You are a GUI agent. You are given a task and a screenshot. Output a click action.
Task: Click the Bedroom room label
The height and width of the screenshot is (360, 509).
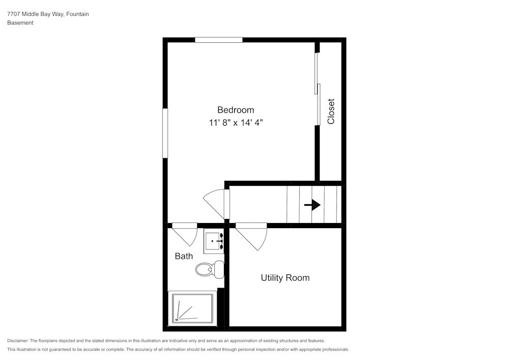(x=235, y=109)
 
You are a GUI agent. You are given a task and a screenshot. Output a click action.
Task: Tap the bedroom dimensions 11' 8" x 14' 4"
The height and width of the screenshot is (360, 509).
(x=235, y=123)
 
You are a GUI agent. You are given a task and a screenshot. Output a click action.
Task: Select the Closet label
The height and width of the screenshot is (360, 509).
(x=331, y=112)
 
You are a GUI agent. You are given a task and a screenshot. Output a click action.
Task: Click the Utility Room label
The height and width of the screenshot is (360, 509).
(x=285, y=278)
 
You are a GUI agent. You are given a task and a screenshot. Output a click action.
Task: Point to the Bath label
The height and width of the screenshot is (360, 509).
(x=184, y=256)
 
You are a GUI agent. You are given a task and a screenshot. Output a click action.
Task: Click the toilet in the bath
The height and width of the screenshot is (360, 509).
(x=209, y=269)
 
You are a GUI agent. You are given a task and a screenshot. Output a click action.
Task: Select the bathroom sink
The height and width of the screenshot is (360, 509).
(x=213, y=241)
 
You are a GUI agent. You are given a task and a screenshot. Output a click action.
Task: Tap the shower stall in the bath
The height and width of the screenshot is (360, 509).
(x=192, y=308)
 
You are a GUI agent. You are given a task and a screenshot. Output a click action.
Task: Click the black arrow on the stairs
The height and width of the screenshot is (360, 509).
(x=312, y=205)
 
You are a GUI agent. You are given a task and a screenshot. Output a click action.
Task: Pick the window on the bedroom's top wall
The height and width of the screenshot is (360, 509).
(x=218, y=40)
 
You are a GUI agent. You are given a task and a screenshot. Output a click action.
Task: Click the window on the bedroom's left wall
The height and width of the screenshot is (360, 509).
(x=165, y=133)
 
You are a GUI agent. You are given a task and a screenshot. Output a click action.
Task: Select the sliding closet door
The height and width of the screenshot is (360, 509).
(x=317, y=89)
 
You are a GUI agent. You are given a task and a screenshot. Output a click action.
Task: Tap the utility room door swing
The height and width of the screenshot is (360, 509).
(x=252, y=236)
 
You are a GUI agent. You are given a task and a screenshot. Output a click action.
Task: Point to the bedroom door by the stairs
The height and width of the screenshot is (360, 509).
(x=216, y=202)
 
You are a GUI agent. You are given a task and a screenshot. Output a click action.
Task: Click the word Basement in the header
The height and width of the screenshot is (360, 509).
(x=20, y=23)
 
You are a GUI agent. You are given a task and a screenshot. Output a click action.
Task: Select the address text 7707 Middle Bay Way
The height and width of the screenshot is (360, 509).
(x=35, y=14)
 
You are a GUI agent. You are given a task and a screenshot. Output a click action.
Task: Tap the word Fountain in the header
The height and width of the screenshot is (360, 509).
(x=77, y=14)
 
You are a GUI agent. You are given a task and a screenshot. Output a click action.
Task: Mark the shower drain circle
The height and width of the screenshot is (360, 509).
(x=177, y=320)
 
